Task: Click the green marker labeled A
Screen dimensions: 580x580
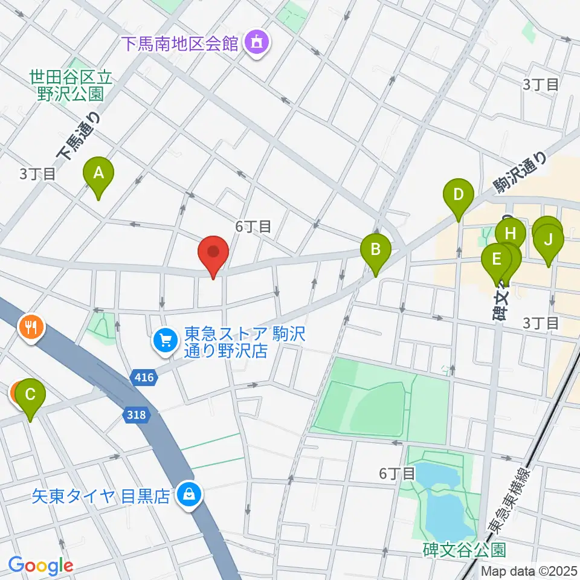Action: (98, 173)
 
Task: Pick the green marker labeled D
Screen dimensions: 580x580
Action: (458, 195)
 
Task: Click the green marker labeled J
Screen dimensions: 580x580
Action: (548, 240)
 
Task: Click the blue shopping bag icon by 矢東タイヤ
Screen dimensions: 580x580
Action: (188, 495)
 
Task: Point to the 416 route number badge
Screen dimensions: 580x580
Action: (143, 379)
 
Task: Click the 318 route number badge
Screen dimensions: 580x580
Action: (135, 414)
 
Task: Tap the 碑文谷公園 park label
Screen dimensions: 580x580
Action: (463, 549)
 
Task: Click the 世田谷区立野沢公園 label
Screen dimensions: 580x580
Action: (71, 85)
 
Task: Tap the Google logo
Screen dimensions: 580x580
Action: (40, 565)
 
